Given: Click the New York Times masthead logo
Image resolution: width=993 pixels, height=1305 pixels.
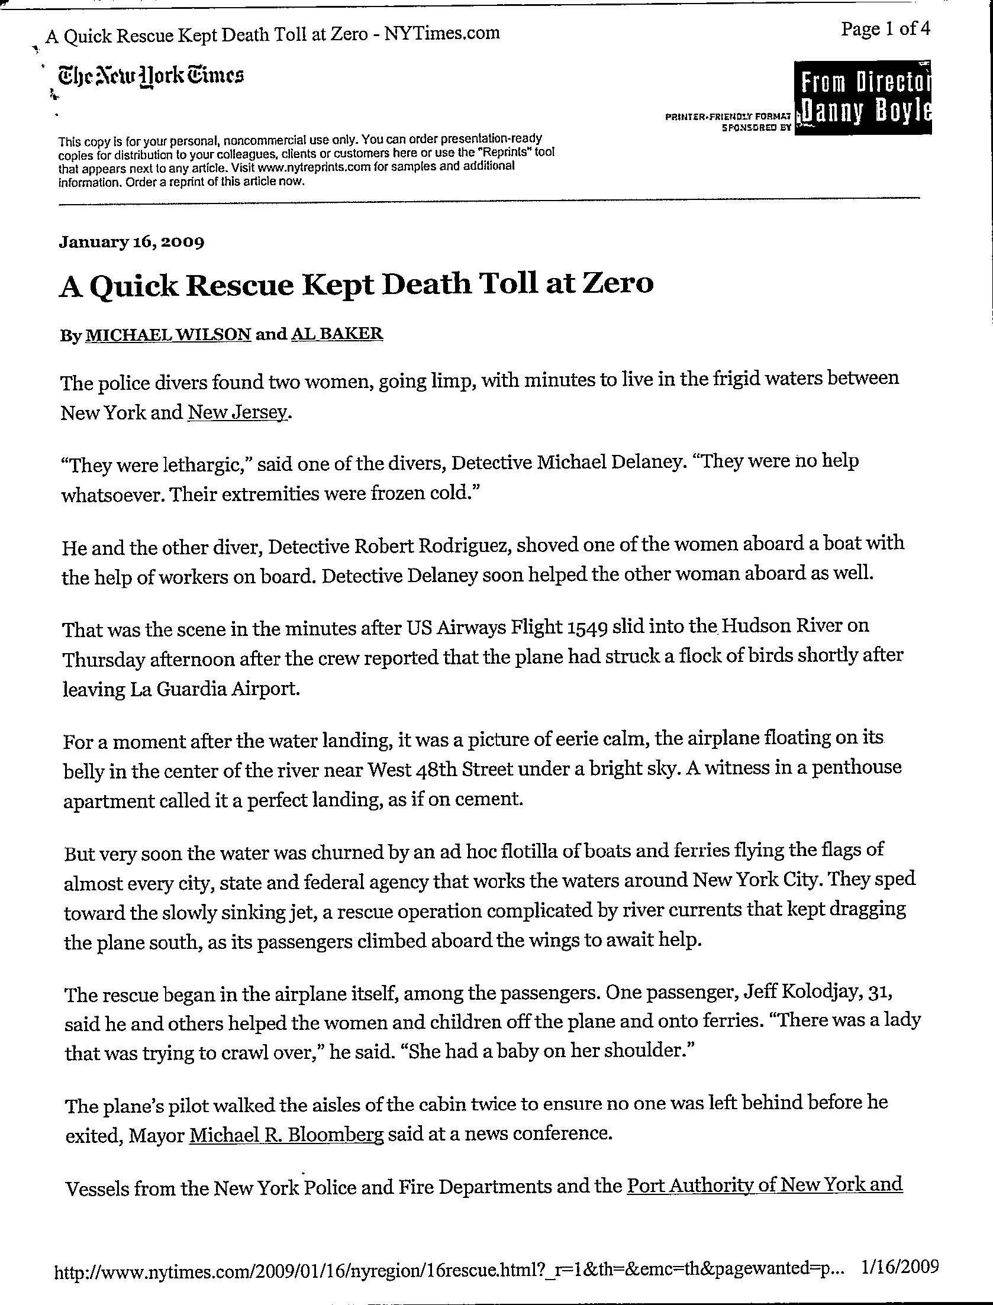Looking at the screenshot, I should (150, 77).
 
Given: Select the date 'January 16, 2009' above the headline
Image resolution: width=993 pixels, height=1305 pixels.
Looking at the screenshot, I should (131, 242).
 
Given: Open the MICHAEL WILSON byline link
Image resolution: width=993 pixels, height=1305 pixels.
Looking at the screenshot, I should (169, 335).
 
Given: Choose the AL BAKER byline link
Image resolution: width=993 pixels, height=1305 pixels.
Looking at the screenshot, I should (337, 334).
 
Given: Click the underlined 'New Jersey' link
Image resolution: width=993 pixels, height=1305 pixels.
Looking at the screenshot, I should (237, 412).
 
